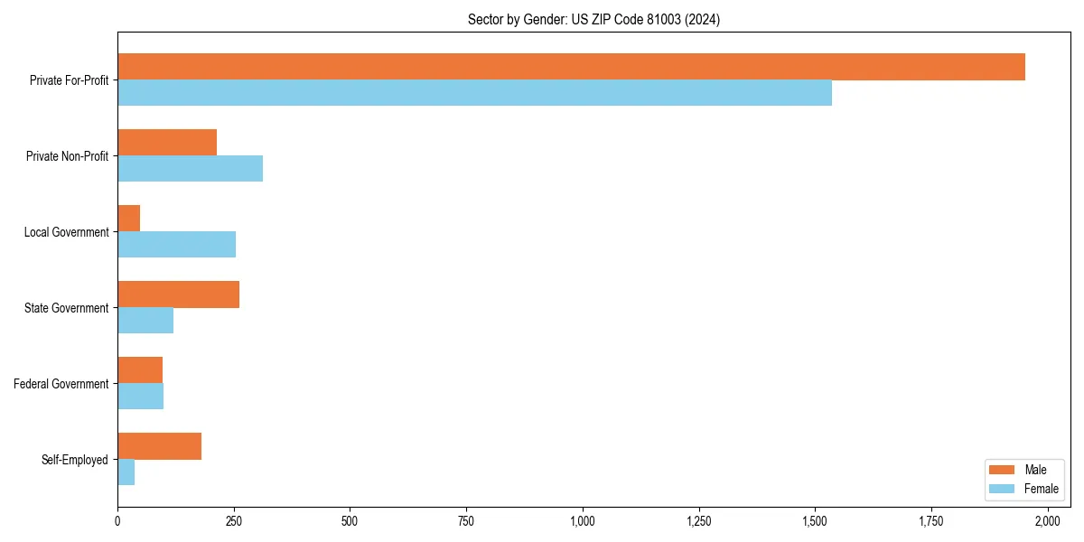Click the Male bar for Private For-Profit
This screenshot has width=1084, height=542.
(571, 67)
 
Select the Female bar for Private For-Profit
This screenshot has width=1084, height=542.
(474, 93)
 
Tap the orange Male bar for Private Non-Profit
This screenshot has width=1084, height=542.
(167, 143)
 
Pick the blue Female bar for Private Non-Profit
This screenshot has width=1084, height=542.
(190, 169)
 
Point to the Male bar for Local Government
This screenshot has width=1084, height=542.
(128, 219)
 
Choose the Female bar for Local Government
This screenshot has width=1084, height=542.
(176, 245)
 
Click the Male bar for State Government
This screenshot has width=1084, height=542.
(178, 294)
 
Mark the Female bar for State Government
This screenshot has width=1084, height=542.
(145, 321)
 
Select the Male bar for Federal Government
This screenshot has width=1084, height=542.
(140, 370)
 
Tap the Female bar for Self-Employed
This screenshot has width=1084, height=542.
(126, 472)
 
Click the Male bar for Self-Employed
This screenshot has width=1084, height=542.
(159, 446)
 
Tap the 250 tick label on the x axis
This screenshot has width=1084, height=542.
(234, 521)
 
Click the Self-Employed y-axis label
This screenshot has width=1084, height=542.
(75, 460)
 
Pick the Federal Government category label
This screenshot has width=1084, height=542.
(61, 384)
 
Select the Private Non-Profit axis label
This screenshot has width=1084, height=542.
(67, 156)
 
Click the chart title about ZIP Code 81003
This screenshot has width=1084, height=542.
(593, 19)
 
